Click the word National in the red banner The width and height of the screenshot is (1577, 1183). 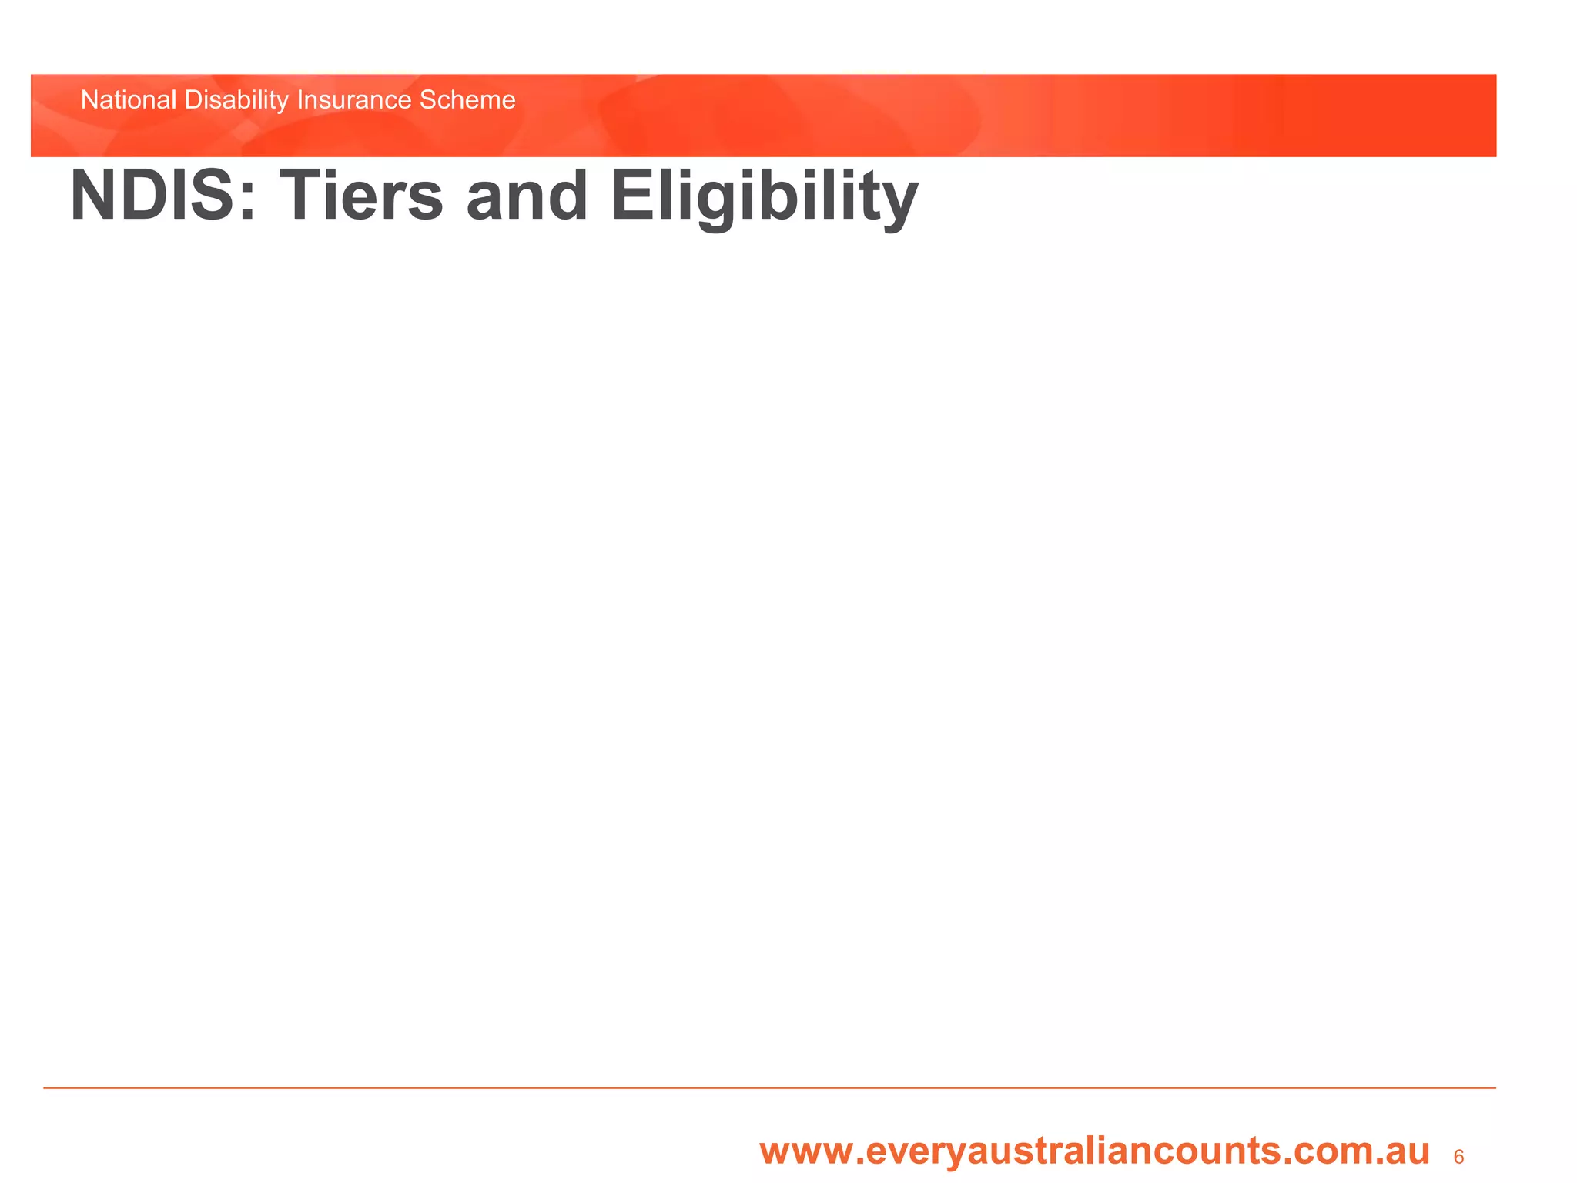pos(129,100)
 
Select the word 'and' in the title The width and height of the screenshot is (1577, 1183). pos(527,196)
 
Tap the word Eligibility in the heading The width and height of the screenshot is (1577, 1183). pos(764,196)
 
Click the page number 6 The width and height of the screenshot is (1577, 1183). pos(1458,1157)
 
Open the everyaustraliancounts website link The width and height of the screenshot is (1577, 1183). pos(1094,1151)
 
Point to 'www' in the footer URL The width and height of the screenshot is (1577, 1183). pos(805,1152)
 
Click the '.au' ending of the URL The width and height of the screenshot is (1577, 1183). pos(1402,1152)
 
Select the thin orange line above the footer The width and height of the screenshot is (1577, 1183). pos(770,1087)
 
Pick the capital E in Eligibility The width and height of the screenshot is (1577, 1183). pos(631,196)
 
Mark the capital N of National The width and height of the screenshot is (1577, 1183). pos(89,100)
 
